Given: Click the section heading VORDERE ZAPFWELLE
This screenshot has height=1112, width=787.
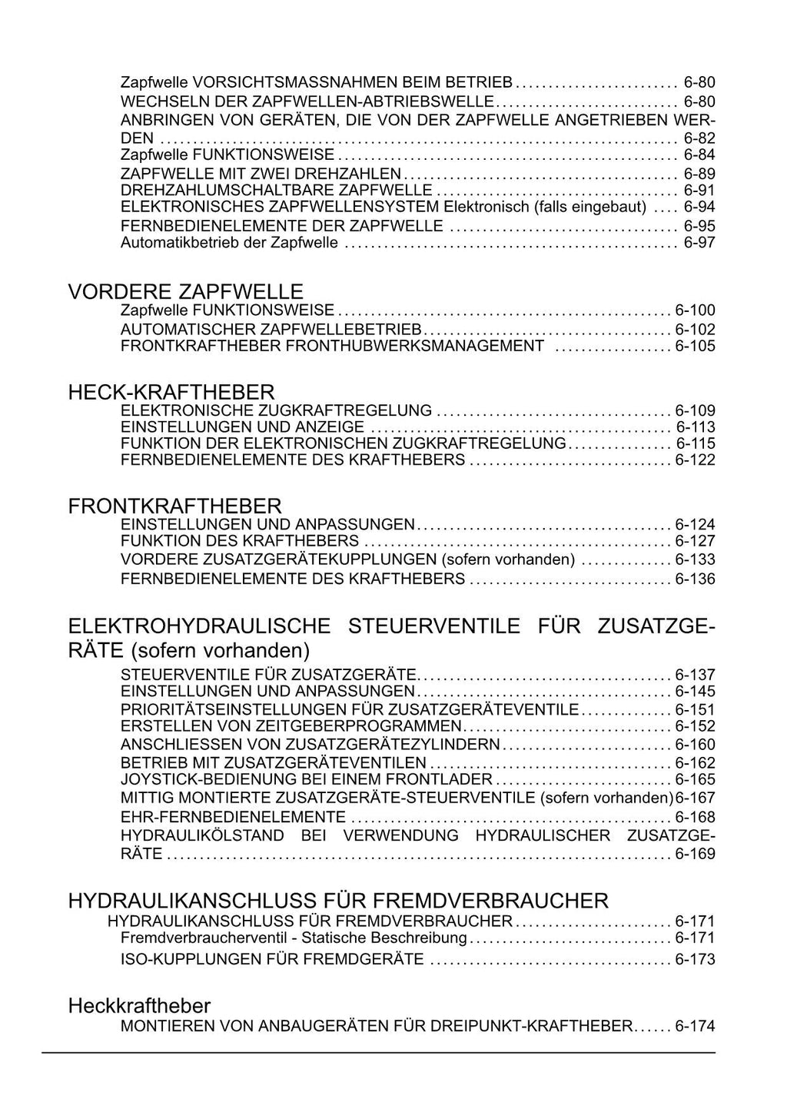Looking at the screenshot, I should point(185,292).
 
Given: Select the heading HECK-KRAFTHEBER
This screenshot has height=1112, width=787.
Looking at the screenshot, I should point(171,393).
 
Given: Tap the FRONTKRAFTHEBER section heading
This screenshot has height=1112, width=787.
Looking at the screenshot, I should point(174,506).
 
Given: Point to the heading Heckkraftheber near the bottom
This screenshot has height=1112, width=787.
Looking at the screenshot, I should point(139,1005).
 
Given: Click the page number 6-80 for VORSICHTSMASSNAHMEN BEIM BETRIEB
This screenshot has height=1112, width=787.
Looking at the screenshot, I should point(699,82).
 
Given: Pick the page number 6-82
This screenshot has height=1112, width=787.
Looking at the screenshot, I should point(699,138).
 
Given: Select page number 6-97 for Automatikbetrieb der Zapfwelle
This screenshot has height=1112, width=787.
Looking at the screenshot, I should point(699,243).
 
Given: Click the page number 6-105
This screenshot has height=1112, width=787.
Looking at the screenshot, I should point(695,346).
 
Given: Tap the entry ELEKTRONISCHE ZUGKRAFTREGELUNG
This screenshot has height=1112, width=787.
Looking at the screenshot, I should point(276,410).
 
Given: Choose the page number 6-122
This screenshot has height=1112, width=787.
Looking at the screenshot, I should point(695,460).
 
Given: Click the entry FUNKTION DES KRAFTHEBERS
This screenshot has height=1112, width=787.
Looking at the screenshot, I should point(240,541).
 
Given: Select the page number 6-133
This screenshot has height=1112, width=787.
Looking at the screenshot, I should point(695,559).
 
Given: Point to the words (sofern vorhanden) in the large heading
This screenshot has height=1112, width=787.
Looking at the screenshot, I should point(220,651).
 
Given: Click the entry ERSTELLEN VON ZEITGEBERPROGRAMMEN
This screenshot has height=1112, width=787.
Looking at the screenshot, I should point(291,726).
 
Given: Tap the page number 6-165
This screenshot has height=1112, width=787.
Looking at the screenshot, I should point(695,779).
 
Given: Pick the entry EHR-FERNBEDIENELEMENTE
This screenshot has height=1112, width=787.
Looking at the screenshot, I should point(233,817).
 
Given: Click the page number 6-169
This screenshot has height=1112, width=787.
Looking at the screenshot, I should point(695,854).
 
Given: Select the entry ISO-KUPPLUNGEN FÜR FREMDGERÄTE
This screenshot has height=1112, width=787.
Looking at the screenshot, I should point(272,959).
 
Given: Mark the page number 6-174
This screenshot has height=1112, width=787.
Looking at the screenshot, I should point(695,1026).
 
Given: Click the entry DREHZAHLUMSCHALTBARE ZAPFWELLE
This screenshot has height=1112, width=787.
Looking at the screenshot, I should point(277,190).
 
